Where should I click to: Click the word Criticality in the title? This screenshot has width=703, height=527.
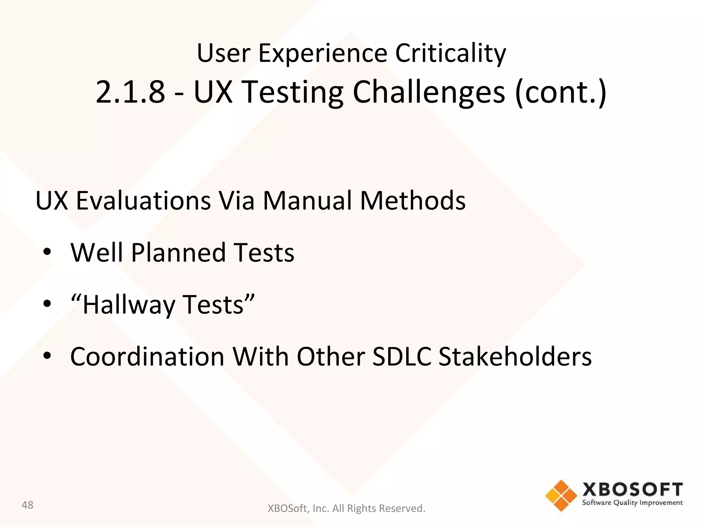(450, 53)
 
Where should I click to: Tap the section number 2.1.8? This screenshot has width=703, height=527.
(130, 92)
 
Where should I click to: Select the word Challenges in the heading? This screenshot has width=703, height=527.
(429, 92)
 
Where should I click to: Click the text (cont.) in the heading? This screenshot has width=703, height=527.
(561, 92)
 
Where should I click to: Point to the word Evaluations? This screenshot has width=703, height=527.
(143, 201)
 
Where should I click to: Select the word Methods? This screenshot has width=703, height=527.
(413, 201)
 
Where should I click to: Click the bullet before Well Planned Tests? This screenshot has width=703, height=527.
(47, 252)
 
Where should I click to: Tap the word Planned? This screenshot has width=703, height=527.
(178, 253)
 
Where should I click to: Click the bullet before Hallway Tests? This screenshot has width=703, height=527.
(47, 304)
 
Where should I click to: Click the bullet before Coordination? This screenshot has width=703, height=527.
(47, 356)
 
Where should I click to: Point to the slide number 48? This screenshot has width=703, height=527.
(27, 505)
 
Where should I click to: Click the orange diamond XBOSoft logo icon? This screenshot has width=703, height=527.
(561, 495)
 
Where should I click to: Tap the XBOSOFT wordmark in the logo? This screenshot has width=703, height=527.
(632, 490)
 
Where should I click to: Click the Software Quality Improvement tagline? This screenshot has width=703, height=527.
(632, 503)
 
